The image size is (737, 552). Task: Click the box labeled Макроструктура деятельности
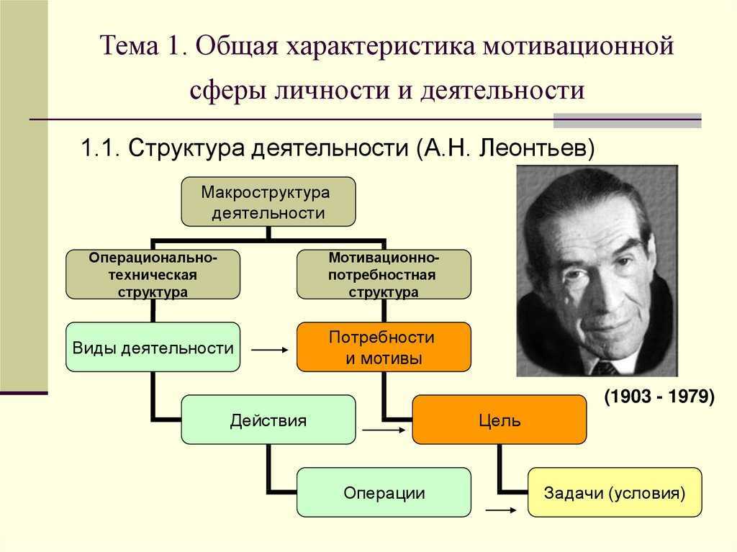click(268, 202)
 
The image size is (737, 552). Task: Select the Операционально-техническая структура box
click(153, 275)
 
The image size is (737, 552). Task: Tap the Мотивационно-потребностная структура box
click(384, 275)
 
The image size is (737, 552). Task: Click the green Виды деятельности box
click(153, 347)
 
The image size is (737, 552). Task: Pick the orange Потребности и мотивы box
click(384, 347)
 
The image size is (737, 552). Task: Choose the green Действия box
click(268, 420)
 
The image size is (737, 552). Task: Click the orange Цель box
click(499, 420)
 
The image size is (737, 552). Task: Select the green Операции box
click(384, 492)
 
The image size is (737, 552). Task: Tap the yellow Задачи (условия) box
click(615, 492)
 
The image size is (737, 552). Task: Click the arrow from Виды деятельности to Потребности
click(270, 350)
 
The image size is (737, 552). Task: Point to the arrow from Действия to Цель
click(384, 430)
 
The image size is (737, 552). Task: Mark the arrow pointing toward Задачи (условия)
click(501, 510)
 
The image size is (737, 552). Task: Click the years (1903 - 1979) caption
click(659, 397)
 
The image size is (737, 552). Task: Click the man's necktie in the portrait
click(605, 368)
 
